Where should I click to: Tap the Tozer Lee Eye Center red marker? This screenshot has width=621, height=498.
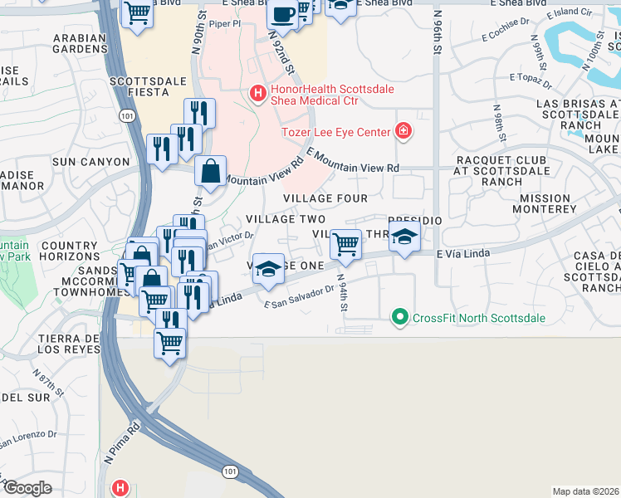pos(403,131)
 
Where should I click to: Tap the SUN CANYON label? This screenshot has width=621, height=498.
pos(92,162)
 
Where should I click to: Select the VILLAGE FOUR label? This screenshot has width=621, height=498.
pos(325,198)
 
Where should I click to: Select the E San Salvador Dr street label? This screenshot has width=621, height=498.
pos(298,298)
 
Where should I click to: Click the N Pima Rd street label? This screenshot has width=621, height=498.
pos(122,444)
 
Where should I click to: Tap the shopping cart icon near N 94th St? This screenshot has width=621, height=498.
pos(345,245)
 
